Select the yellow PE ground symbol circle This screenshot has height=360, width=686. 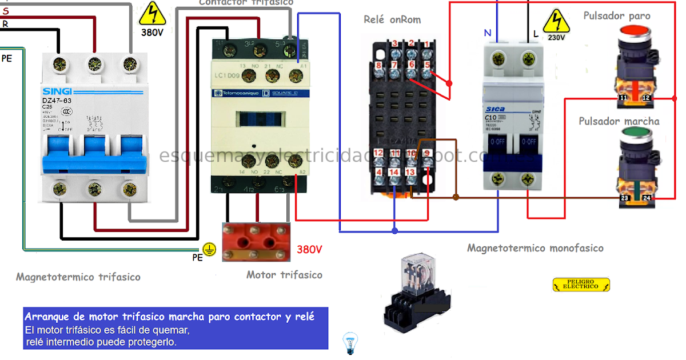pyautogui.click(x=210, y=249)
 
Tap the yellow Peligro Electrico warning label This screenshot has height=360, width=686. pyautogui.click(x=581, y=285)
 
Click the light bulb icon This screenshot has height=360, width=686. pyautogui.click(x=349, y=343)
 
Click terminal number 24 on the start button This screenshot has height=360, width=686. pyautogui.click(x=647, y=198)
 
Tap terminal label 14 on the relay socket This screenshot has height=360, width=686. pyautogui.click(x=394, y=172)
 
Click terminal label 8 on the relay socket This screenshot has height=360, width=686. pyautogui.click(x=378, y=66)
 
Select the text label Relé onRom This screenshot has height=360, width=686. pyautogui.click(x=392, y=20)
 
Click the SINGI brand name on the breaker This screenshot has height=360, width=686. pyautogui.click(x=57, y=91)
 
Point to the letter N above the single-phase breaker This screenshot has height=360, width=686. pyautogui.click(x=488, y=33)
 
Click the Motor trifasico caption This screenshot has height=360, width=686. pyautogui.click(x=284, y=275)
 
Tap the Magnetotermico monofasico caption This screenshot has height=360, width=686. pyautogui.click(x=535, y=248)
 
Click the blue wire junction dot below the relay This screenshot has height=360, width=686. pyautogui.click(x=395, y=231)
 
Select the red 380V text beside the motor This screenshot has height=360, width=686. pyautogui.click(x=309, y=249)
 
